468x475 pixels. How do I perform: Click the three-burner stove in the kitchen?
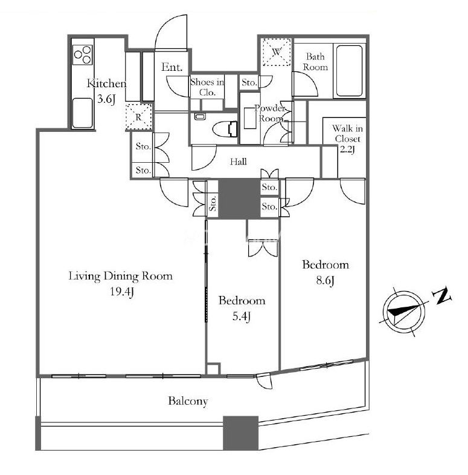pos(83,54)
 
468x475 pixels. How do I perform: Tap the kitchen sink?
pos(83,113)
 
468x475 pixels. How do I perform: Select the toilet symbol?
pos(225,129)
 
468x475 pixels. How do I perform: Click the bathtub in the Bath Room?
pos(349,71)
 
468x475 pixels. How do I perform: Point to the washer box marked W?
pos(277,52)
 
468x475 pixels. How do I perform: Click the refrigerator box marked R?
pos(138,117)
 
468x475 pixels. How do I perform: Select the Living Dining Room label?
pos(121,276)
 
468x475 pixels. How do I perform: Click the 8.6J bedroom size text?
pos(325,280)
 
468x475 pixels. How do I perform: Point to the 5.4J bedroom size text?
pos(242,316)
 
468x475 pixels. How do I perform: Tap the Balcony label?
pos(188,401)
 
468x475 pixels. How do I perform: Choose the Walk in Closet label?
pos(347,134)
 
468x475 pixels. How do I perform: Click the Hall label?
pos(239,162)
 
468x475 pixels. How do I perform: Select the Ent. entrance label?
pos(172,67)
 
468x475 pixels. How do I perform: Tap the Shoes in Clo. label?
pos(207,87)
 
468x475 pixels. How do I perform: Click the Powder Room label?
pos(270,113)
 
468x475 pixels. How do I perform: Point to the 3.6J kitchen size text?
pos(106,99)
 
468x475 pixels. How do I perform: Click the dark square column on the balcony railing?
pos(241,433)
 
